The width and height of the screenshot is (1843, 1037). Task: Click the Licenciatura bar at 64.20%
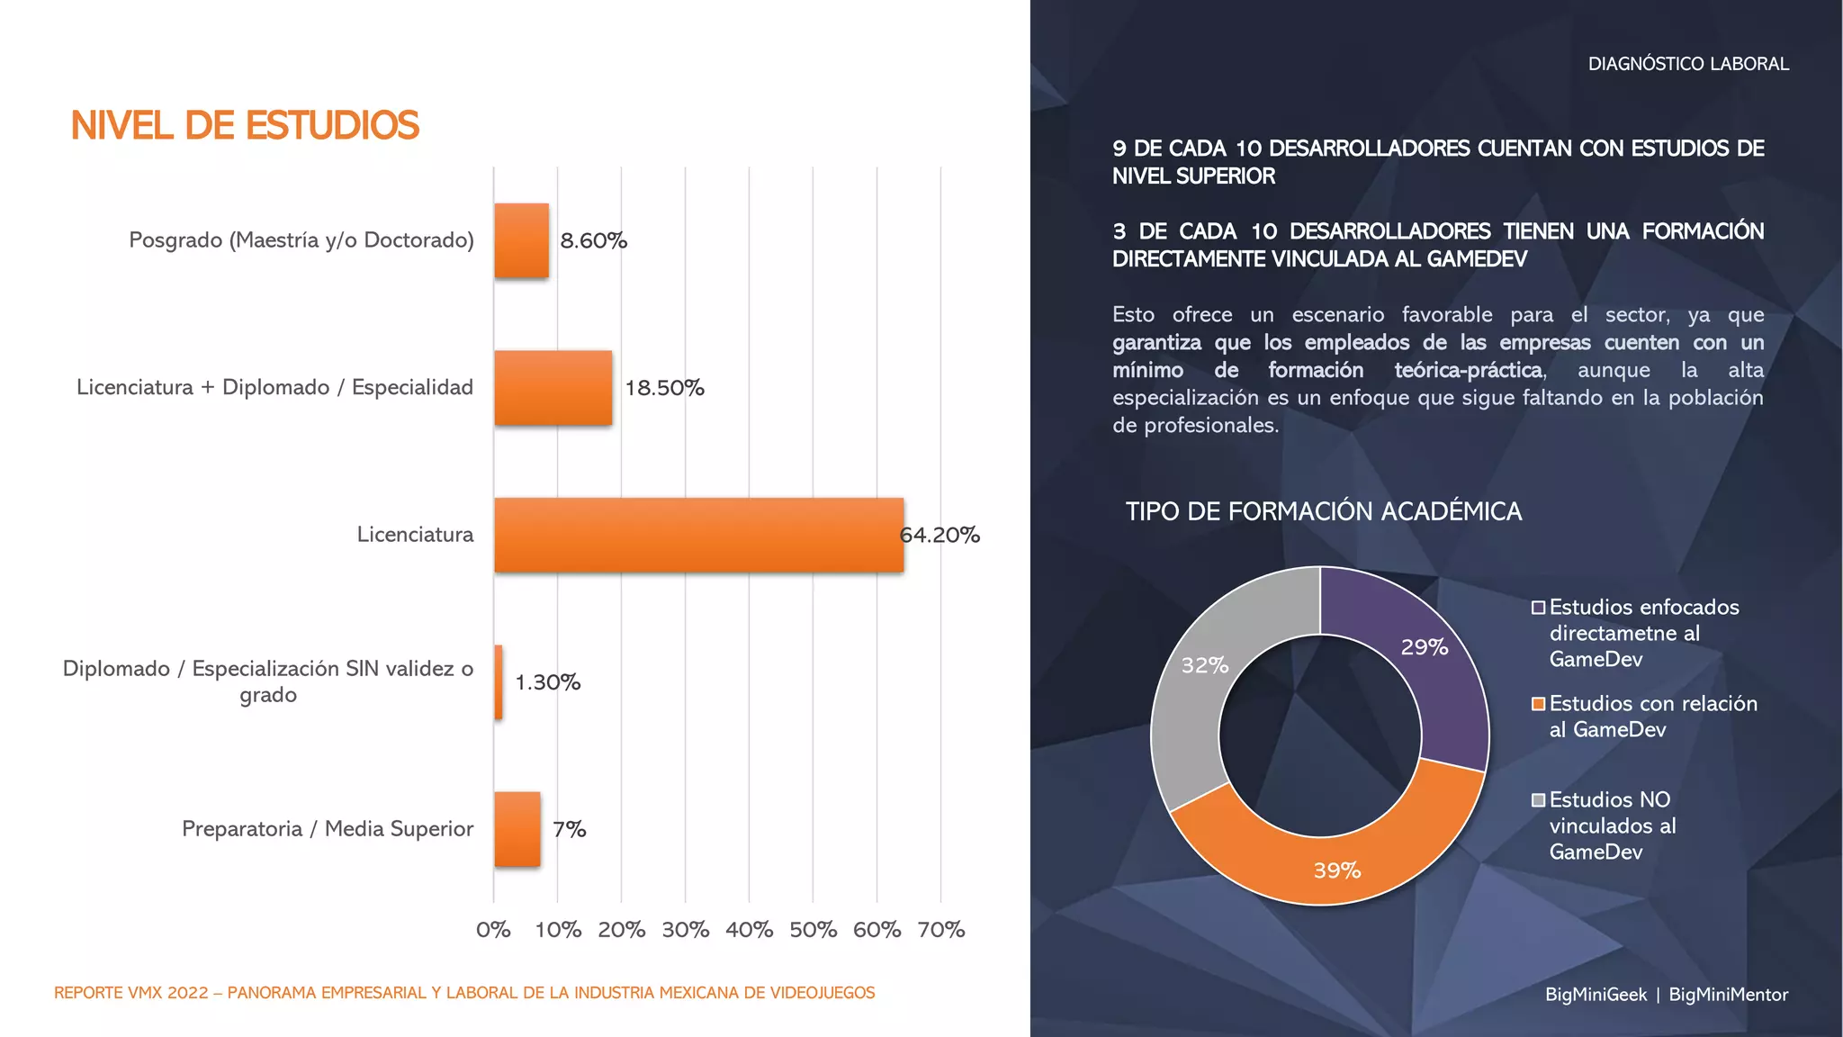pos(698,535)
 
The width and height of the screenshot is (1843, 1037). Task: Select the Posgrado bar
pos(521,240)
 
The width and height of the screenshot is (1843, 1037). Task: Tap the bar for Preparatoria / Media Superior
pos(517,829)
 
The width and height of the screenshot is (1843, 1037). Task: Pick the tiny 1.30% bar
pos(499,682)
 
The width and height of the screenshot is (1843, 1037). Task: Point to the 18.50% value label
pos(664,388)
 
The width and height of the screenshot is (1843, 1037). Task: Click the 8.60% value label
pos(593,240)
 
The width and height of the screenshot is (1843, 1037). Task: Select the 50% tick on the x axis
pos(813,930)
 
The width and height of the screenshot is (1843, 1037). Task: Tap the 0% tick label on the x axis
pos(493,930)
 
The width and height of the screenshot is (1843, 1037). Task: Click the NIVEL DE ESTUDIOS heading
pos(245,126)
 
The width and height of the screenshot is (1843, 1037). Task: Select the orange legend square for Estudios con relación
pos(1539,704)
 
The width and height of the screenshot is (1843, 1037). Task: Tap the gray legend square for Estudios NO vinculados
pos(1539,800)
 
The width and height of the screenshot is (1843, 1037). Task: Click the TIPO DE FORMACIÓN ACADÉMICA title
pos(1323,511)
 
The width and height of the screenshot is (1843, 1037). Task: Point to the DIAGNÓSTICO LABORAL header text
pos(1688,64)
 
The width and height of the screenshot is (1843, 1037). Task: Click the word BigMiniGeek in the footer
pos(1596,995)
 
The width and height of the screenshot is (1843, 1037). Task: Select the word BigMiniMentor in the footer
pos(1728,995)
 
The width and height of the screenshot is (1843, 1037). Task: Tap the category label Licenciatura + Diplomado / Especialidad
pos(274,388)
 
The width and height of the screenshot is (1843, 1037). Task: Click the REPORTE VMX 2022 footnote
pos(464,993)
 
